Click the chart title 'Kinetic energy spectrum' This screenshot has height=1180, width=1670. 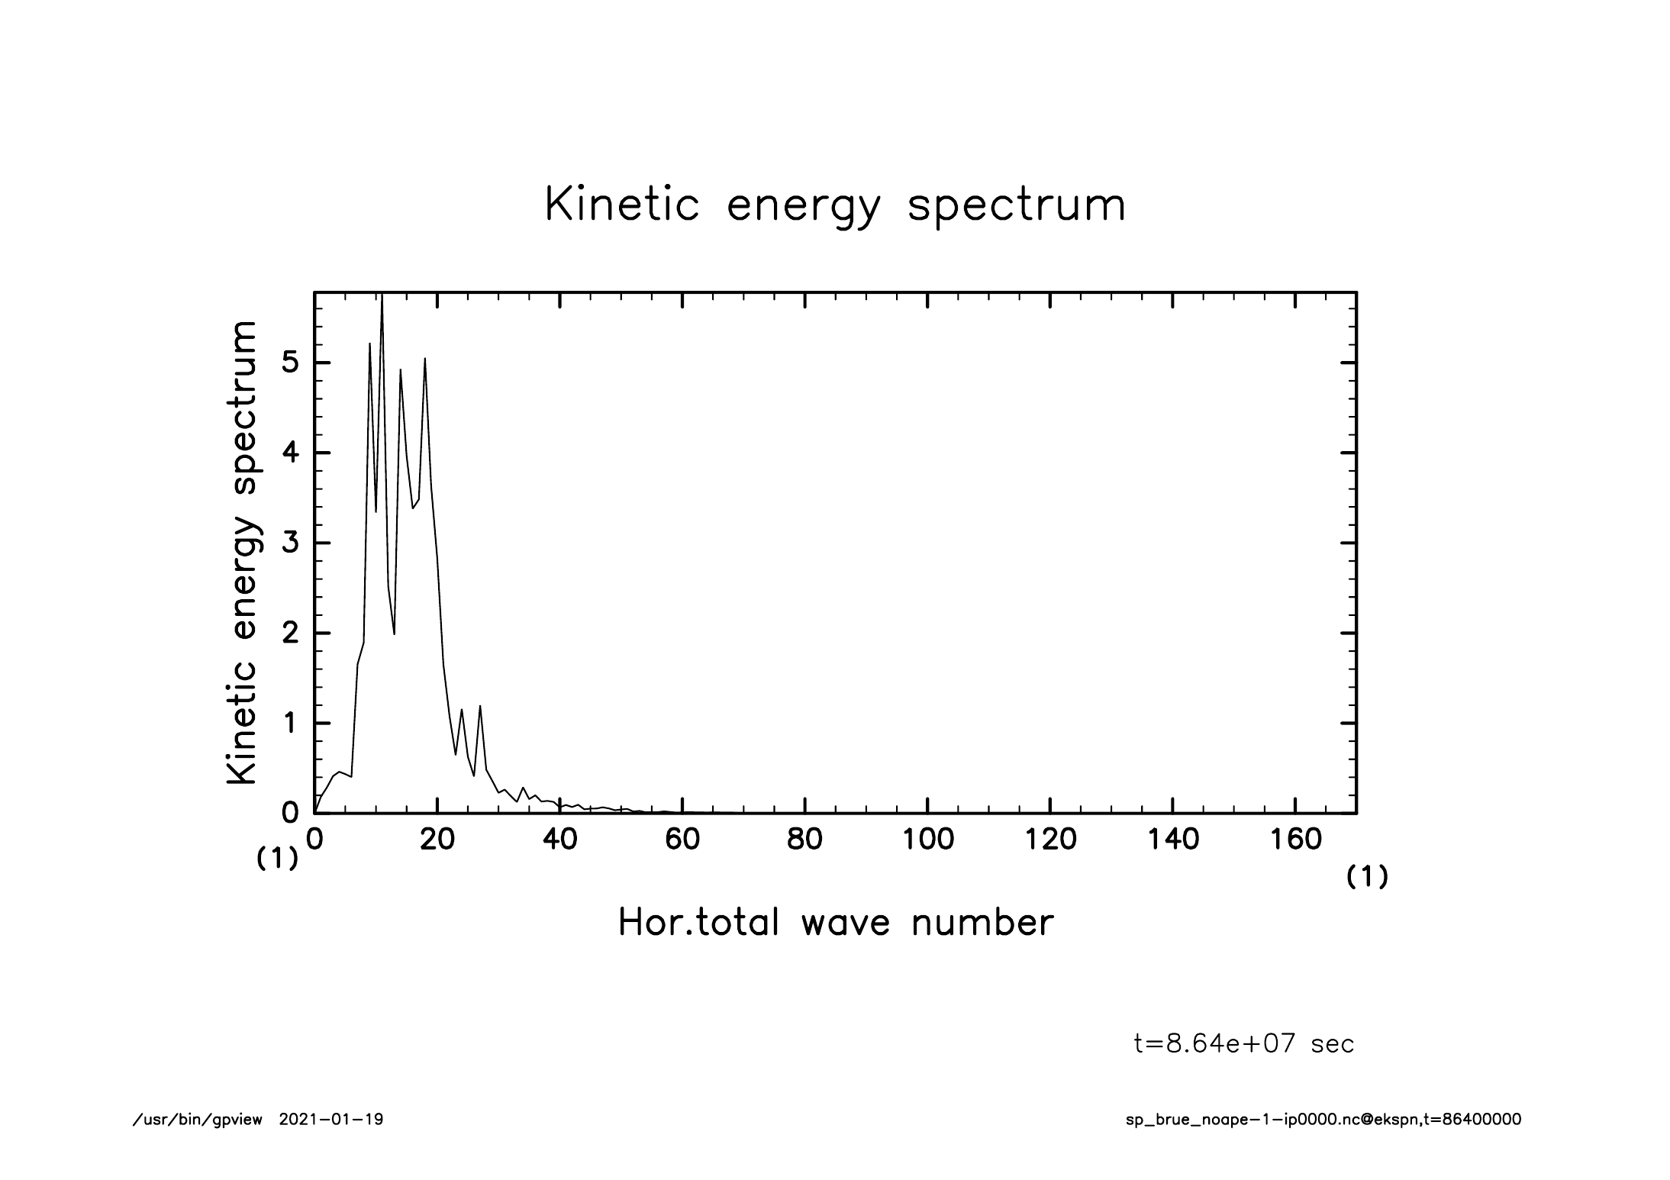(835, 206)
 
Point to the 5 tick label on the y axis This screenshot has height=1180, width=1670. (289, 363)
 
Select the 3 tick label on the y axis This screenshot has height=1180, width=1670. (289, 543)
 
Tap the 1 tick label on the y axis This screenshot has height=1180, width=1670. (289, 724)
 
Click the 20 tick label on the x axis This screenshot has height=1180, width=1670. (437, 840)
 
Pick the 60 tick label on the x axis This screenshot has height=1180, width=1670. (682, 840)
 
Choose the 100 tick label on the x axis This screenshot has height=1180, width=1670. (927, 840)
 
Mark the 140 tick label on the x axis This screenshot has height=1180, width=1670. (1172, 840)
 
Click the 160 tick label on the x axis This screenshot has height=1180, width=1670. (1295, 840)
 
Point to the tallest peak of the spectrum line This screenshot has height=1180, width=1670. (382, 298)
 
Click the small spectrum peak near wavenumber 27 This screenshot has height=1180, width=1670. (480, 707)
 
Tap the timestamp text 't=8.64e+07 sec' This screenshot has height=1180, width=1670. (1244, 1043)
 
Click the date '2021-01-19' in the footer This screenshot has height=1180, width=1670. (331, 1120)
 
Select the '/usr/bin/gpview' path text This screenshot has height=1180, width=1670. (198, 1120)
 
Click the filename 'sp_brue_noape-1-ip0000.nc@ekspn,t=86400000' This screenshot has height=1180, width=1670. (1323, 1120)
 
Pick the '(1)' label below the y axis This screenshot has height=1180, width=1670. (276, 859)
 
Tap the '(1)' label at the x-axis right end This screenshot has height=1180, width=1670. (1366, 878)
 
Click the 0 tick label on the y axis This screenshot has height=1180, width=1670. (289, 814)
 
